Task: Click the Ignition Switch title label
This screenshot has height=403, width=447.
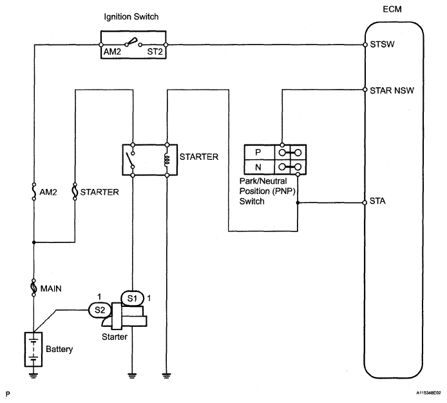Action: (132, 15)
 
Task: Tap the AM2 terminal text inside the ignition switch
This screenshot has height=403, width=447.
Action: (112, 48)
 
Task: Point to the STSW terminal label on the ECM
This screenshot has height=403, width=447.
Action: (382, 45)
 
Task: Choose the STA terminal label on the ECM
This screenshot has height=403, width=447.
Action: (378, 202)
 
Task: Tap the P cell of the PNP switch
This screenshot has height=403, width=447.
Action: (259, 152)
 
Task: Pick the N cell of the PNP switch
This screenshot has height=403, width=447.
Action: (259, 168)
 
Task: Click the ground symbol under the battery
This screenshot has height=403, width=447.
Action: (33, 375)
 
